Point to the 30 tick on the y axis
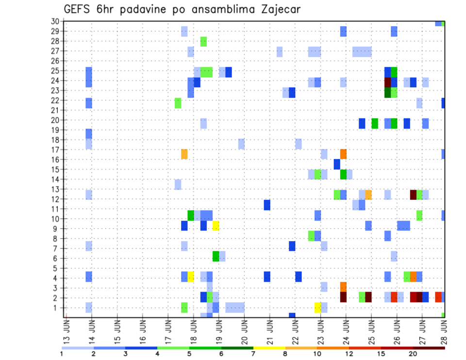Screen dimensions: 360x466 pos(54,21)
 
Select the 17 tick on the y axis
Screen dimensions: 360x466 pos(54,150)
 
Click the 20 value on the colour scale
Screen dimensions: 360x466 pos(414,353)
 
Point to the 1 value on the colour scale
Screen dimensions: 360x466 pos(62,353)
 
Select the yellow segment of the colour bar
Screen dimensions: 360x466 pos(269,348)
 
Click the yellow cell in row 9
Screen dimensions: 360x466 pos(216,226)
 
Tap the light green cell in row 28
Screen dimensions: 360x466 pos(203,41)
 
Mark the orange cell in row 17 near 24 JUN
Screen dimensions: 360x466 pos(343,154)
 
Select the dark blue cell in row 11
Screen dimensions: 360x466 pos(267,205)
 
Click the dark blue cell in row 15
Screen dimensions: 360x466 pos(337,164)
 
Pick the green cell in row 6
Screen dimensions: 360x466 pos(216,256)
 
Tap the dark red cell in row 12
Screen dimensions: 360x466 pos(413,195)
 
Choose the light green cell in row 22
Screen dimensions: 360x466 pos(178,103)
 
